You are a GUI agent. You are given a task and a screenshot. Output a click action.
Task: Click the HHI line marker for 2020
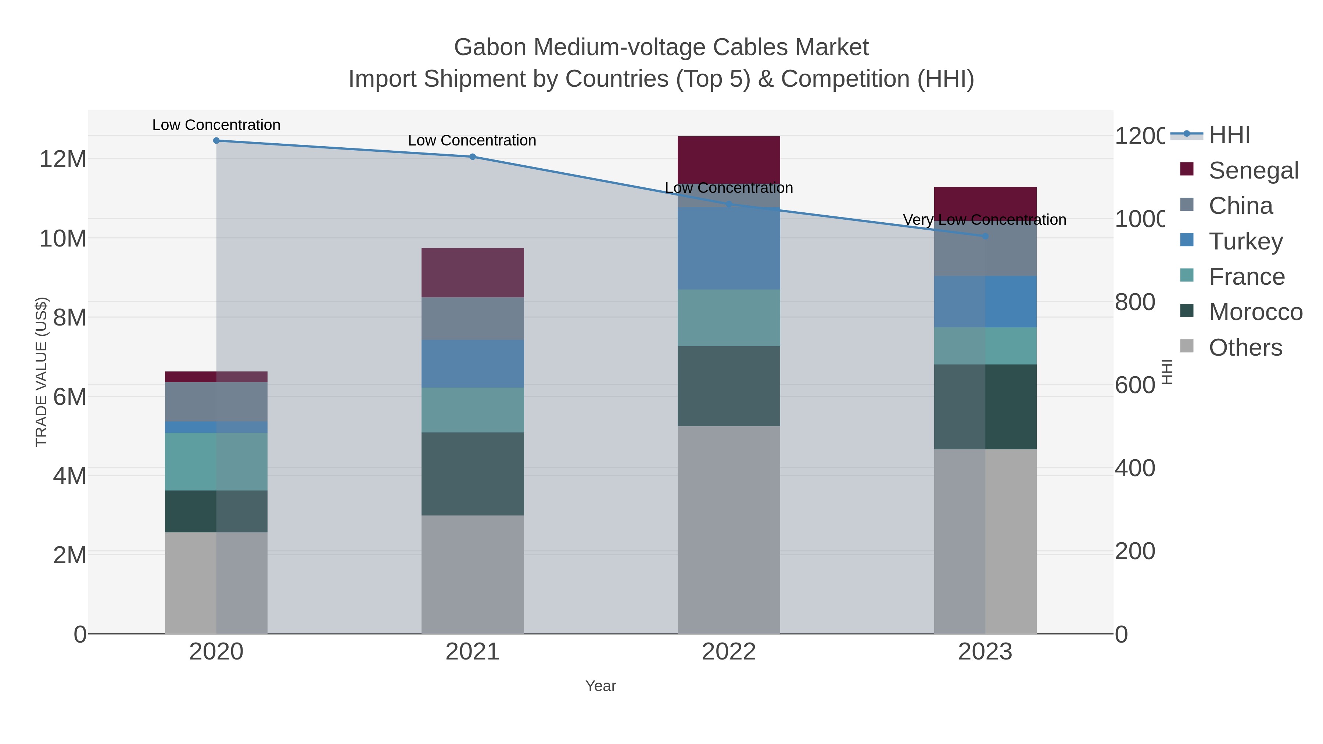(216, 141)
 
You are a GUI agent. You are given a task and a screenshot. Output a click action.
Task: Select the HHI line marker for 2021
(473, 157)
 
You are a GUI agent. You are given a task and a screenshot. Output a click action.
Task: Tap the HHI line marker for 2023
(985, 237)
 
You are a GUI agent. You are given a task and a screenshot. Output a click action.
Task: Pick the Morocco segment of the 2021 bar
(473, 474)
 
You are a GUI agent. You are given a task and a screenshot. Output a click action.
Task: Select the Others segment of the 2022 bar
(729, 529)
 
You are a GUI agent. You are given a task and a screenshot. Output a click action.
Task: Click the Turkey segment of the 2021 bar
(473, 363)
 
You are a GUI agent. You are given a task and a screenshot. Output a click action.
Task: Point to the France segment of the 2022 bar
(729, 317)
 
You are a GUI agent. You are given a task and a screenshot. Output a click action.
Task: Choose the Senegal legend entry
(1253, 170)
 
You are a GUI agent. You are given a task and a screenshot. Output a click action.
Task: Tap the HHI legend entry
(1229, 135)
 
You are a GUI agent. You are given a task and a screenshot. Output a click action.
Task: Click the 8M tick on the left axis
(69, 317)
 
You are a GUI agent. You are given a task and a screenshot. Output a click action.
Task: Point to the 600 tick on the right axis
(1134, 385)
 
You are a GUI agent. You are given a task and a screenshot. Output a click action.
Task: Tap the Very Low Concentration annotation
(984, 220)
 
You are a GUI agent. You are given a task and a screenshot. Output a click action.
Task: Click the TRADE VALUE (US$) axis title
(41, 372)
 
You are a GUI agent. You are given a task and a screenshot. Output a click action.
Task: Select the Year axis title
(600, 686)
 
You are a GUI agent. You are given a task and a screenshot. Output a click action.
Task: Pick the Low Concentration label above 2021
(472, 140)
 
